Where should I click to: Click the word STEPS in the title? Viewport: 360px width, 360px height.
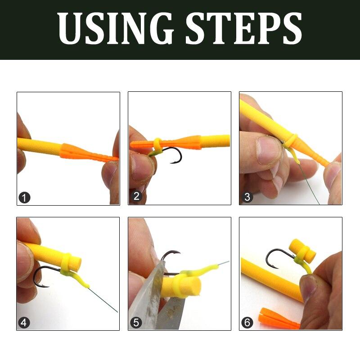[x=243, y=29]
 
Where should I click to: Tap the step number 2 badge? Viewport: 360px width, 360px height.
[x=136, y=196]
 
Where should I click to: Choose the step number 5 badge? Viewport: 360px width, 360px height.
[x=136, y=322]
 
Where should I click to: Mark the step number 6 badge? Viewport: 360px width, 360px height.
[x=247, y=322]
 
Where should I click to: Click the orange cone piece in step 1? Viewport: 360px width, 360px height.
[x=76, y=151]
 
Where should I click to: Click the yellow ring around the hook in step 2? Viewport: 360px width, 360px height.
[x=157, y=144]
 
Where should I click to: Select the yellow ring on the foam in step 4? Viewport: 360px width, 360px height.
[x=67, y=264]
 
